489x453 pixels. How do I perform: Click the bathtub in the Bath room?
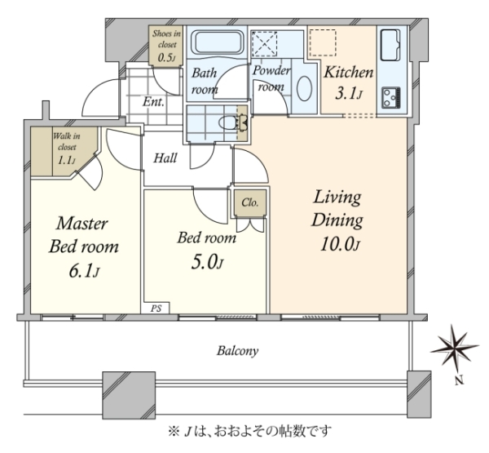(218, 42)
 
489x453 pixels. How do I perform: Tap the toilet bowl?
(230, 122)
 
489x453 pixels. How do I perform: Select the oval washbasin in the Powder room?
(304, 88)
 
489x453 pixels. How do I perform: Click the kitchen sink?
(390, 46)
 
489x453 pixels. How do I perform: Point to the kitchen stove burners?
(391, 98)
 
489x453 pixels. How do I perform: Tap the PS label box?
(156, 308)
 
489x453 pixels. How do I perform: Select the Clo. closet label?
(250, 202)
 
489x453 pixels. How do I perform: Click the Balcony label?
(238, 351)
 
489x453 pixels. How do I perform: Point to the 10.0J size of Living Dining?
(340, 244)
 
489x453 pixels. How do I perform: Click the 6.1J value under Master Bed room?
(84, 271)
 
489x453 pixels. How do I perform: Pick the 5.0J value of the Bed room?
(207, 263)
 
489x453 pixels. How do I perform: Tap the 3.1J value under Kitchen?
(348, 93)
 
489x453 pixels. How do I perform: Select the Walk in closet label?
(67, 148)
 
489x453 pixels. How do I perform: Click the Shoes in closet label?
(166, 46)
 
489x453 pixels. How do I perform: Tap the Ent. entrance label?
(153, 102)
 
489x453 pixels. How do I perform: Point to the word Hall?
(165, 158)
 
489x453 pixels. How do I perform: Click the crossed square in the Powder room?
(264, 44)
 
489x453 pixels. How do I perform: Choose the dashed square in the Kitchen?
(323, 42)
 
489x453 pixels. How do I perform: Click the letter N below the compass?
(459, 380)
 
